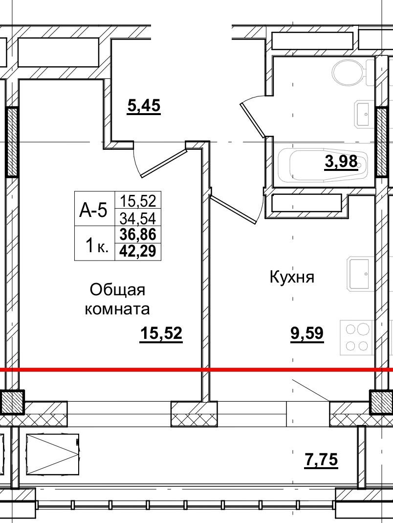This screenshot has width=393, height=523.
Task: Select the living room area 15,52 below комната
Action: (x=161, y=333)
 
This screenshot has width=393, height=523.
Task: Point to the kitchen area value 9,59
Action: (x=307, y=333)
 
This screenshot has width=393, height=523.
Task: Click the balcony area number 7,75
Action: (x=321, y=460)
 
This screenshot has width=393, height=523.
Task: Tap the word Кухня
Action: (x=291, y=277)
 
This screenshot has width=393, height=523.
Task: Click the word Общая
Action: (x=117, y=289)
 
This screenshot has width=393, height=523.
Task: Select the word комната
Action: (x=117, y=309)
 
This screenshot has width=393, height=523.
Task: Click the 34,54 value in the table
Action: (x=138, y=218)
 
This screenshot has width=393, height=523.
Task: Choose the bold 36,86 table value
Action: (x=138, y=235)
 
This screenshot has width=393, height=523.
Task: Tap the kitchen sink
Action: (x=361, y=274)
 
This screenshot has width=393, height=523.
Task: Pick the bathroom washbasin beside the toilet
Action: (x=364, y=114)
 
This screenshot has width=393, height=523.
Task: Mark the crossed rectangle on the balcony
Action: (x=52, y=454)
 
